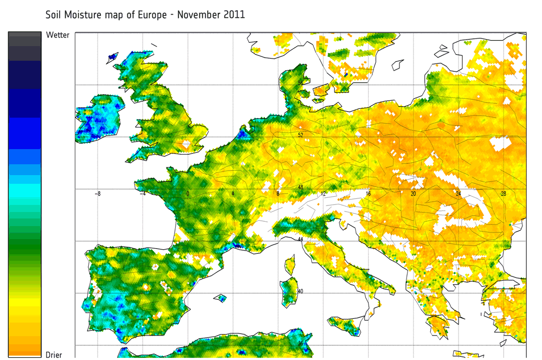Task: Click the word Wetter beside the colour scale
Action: (x=57, y=35)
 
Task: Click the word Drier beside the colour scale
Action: (x=54, y=355)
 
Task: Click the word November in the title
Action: (x=192, y=15)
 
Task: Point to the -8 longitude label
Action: (x=98, y=194)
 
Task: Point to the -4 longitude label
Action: (x=143, y=194)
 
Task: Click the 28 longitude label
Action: (x=504, y=194)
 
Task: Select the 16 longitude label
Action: (x=368, y=194)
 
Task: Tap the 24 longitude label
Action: (x=459, y=194)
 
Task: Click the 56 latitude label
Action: (x=300, y=83)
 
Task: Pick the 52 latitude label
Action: (x=300, y=135)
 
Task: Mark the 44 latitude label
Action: (x=300, y=239)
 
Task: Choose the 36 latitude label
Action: (x=300, y=343)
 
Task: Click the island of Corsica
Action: (x=290, y=266)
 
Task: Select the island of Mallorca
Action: (x=220, y=298)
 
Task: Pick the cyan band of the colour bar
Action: (x=25, y=190)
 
